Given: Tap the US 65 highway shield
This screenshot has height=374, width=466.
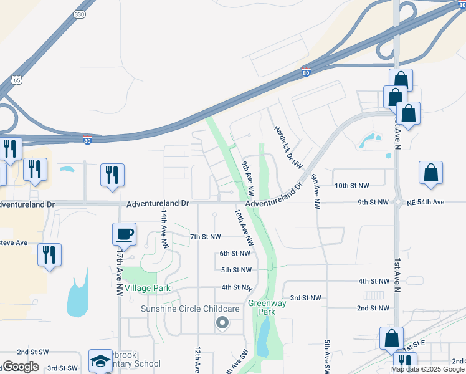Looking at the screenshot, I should pos(17,80).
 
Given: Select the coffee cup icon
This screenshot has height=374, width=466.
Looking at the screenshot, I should pos(124,234).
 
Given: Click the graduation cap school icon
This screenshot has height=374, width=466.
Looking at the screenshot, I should pos(100,360).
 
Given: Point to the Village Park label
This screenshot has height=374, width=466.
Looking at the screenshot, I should pos(148,289).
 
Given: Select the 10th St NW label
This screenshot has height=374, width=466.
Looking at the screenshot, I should pos(352,186).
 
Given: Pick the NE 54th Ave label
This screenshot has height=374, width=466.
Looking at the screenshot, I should pos(426,203).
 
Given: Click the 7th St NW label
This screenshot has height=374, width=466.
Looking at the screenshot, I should pos(206,237).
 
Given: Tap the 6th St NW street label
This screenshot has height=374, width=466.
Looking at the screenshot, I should pos(235,254).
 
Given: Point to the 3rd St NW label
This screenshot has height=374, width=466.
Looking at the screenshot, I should pos(305,299).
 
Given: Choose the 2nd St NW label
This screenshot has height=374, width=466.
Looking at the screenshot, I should pos(373,308).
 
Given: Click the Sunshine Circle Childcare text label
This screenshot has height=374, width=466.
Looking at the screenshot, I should pos(191,309).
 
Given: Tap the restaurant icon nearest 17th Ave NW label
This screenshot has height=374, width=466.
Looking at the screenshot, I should pos(49,255).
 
